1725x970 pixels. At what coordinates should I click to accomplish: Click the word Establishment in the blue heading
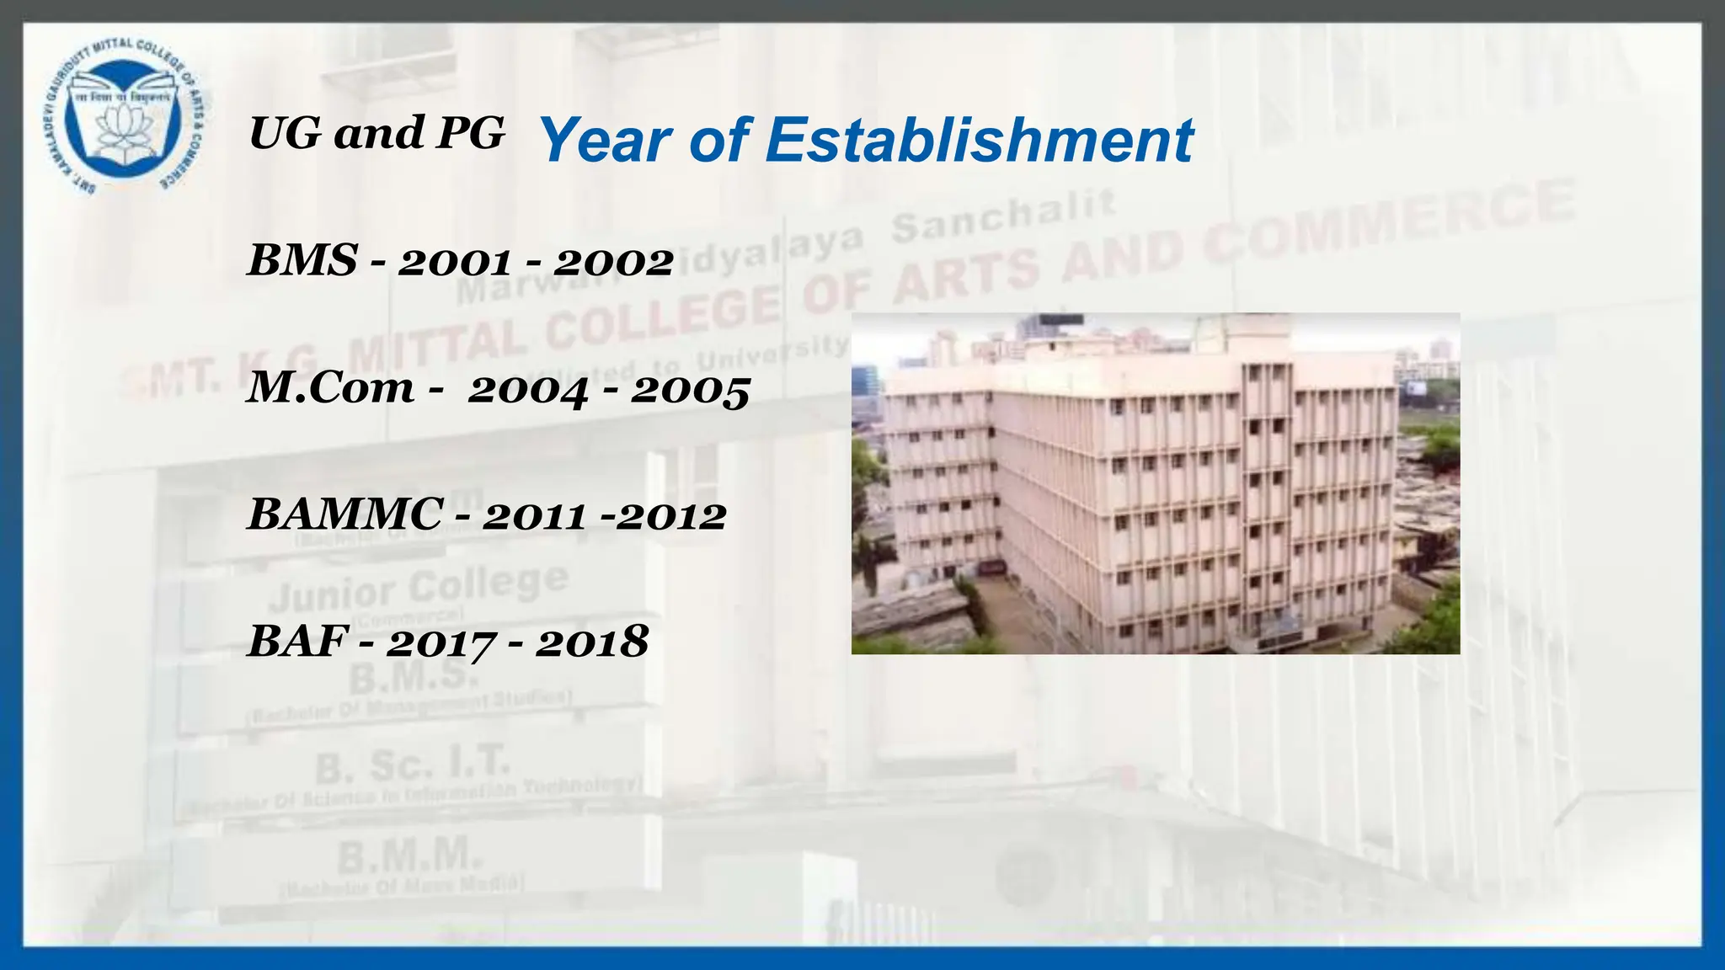pyautogui.click(x=979, y=140)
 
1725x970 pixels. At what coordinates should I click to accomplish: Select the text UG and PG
pyautogui.click(x=377, y=133)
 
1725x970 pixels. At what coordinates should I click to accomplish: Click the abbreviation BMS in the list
pyautogui.click(x=302, y=260)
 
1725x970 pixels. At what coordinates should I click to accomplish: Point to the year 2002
pyautogui.click(x=613, y=263)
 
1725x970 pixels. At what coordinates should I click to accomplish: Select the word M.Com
pyautogui.click(x=331, y=388)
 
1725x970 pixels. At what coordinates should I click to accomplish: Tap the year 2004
pyautogui.click(x=528, y=390)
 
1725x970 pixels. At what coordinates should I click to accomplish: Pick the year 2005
pyautogui.click(x=690, y=390)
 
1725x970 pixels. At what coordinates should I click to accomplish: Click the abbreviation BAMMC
pyautogui.click(x=345, y=514)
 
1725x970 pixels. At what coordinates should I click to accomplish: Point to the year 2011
pyautogui.click(x=534, y=516)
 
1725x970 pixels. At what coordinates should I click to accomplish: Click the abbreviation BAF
pyautogui.click(x=297, y=642)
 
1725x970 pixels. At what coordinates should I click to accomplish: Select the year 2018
pyautogui.click(x=592, y=643)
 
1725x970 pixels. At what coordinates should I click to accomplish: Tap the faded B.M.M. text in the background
pyautogui.click(x=411, y=856)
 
